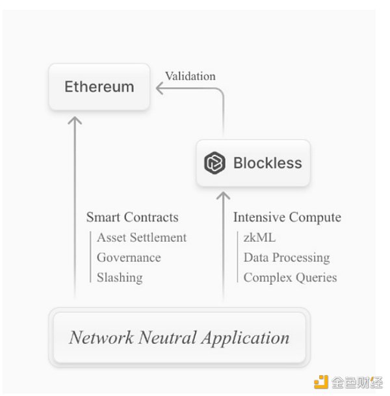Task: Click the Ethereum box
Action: (x=99, y=86)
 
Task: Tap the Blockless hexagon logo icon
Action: (x=214, y=163)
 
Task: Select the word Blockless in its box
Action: (x=267, y=163)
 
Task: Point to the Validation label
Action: (x=190, y=76)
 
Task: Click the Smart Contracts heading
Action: (x=132, y=217)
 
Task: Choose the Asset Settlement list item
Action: (x=142, y=237)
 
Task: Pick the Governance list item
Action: (x=129, y=257)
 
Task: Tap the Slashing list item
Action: (x=120, y=277)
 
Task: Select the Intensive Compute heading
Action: (x=287, y=217)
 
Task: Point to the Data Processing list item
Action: (x=287, y=257)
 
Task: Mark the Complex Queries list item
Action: (x=290, y=278)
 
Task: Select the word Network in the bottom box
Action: (x=101, y=337)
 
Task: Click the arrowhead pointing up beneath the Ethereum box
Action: (x=75, y=120)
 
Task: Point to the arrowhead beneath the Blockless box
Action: (x=224, y=195)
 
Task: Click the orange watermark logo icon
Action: (x=320, y=382)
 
